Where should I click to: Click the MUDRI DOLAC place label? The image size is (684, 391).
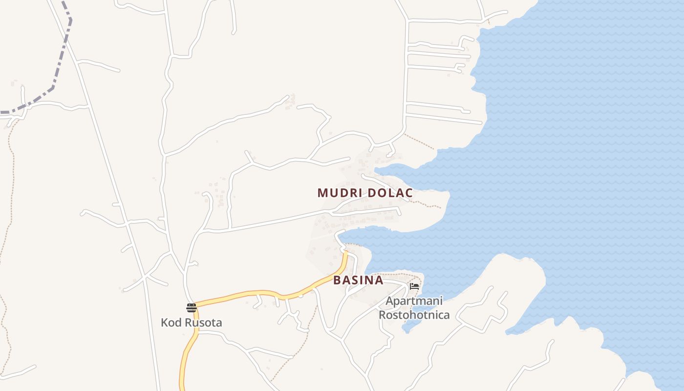(x=365, y=193)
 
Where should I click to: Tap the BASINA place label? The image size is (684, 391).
(x=358, y=281)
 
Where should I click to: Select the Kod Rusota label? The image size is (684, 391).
(x=192, y=323)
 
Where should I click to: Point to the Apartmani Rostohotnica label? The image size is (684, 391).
(x=414, y=308)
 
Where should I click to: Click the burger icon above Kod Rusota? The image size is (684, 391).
(x=192, y=308)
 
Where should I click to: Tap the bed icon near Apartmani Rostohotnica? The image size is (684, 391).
(x=414, y=286)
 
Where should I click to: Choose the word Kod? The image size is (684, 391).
(x=171, y=323)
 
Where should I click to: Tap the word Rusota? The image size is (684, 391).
(x=203, y=323)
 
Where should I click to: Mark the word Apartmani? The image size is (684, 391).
(x=414, y=301)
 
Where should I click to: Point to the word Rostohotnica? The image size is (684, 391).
(x=414, y=315)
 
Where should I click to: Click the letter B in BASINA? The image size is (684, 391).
(x=337, y=281)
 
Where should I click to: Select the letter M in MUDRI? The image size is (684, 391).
(x=322, y=193)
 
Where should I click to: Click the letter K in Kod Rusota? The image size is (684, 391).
(x=165, y=323)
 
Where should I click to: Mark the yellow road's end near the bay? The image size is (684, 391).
(x=345, y=253)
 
